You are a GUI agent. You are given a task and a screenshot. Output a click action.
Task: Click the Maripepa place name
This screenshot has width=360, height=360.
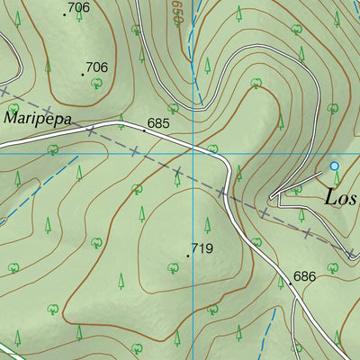coord(37,118)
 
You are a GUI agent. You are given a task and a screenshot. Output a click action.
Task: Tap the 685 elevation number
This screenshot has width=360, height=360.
coord(158,122)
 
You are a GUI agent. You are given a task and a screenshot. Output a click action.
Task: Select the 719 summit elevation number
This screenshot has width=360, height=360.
coord(202,247)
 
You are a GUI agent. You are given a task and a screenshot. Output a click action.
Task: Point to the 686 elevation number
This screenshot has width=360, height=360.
coord(303,277)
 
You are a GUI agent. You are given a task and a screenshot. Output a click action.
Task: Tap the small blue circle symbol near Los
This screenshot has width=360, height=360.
coord(334,166)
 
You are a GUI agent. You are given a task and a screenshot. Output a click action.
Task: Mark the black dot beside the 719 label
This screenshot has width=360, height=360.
coord(187,256)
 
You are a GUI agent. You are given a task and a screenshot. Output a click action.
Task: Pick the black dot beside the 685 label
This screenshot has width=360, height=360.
coord(143,130)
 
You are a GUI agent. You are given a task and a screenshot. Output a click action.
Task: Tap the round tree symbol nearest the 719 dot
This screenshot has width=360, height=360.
coord(172,266)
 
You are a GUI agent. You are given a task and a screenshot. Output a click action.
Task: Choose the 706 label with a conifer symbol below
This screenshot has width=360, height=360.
coord(78,8)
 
